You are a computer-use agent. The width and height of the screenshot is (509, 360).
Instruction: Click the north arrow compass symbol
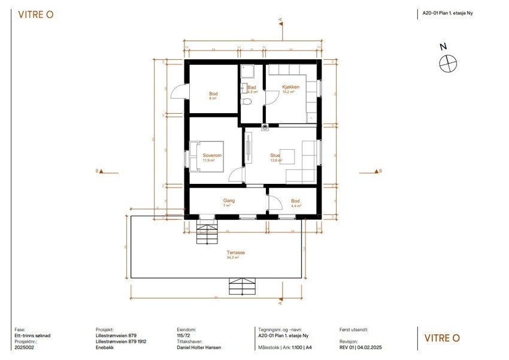coord(447,62)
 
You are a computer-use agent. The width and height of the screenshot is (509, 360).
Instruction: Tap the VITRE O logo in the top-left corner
coord(36,15)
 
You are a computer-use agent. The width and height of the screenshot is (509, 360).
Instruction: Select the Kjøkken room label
coord(290,87)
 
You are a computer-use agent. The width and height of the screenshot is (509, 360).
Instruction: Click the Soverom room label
coord(212,156)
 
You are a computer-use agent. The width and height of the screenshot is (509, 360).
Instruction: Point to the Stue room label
coord(275,156)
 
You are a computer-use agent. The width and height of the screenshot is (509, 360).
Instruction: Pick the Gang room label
coord(228,201)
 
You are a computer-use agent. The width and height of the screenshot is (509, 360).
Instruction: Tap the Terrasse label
coord(235,253)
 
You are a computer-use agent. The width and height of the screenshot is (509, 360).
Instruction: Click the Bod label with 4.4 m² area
coord(295,201)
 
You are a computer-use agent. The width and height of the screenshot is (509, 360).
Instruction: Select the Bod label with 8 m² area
coord(213,94)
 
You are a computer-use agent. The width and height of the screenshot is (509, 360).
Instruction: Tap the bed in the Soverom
coord(207,156)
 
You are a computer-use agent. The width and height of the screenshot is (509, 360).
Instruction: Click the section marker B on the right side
coord(378,171)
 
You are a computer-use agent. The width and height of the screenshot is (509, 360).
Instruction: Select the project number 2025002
coord(25,347)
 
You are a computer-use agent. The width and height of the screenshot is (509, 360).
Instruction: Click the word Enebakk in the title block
coord(105,347)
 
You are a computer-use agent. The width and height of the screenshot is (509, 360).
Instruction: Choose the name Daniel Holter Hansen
coord(199,347)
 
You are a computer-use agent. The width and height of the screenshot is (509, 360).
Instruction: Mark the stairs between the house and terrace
coord(207,230)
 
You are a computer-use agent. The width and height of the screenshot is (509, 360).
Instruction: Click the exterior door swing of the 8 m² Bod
coord(177,92)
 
